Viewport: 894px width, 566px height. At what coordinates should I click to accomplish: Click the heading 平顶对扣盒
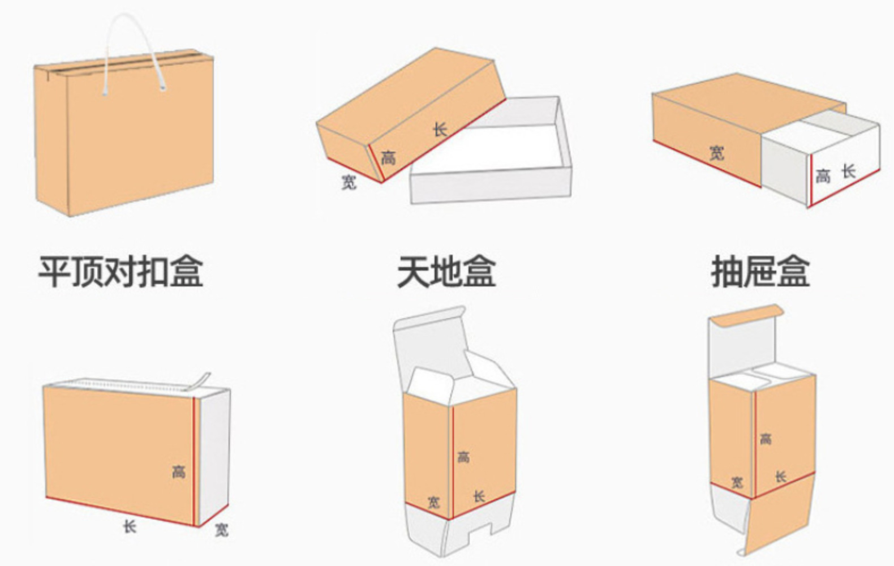(x=121, y=272)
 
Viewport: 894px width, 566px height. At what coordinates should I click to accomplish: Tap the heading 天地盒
(x=446, y=272)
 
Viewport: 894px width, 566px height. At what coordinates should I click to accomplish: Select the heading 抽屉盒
(x=760, y=272)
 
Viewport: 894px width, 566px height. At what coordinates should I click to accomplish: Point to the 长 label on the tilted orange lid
(x=440, y=130)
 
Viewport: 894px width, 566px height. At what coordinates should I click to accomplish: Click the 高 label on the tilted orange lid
(x=388, y=157)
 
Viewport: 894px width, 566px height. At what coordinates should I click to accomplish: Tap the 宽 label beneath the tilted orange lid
(x=349, y=181)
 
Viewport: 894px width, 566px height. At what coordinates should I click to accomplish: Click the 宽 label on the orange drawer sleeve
(x=716, y=152)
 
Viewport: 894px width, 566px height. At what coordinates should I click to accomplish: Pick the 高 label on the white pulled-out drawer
(x=823, y=177)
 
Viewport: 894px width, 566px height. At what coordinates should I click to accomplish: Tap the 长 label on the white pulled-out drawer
(x=848, y=171)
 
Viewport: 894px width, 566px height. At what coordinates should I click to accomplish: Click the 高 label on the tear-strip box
(x=179, y=471)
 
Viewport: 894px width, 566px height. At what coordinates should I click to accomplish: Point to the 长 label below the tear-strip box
(x=130, y=526)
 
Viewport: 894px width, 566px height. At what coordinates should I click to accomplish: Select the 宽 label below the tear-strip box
(x=222, y=529)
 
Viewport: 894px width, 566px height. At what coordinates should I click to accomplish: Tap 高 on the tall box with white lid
(x=463, y=456)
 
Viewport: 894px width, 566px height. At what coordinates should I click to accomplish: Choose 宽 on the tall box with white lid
(x=433, y=501)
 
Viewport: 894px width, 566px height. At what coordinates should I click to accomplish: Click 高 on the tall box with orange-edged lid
(x=766, y=438)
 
